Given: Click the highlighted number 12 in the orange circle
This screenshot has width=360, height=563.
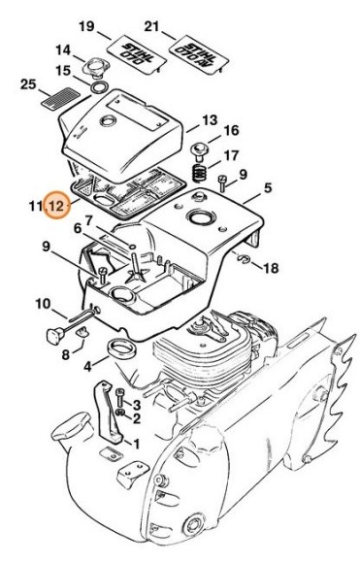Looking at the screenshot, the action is (x=57, y=206).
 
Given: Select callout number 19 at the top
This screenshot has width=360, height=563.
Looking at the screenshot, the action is (x=86, y=26).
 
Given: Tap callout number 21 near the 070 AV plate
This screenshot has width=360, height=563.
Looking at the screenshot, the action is (x=151, y=26).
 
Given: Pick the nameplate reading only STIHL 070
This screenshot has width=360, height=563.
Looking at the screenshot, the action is (x=137, y=54).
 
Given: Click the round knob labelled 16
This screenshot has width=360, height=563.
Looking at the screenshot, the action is (x=199, y=151).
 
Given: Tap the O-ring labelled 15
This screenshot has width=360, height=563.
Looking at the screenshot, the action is (x=100, y=87).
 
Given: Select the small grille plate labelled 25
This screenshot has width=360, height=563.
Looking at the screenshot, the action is (x=60, y=97).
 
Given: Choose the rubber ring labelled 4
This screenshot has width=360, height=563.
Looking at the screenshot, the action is (x=122, y=349).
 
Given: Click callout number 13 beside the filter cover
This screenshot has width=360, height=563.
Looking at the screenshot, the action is (x=210, y=120).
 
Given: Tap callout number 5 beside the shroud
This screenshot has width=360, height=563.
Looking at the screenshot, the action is (x=268, y=187).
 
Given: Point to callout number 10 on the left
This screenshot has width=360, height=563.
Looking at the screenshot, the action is (x=43, y=304).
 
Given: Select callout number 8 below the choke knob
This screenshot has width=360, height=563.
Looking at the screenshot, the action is (x=65, y=354).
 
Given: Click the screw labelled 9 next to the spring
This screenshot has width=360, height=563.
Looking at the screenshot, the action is (x=222, y=183).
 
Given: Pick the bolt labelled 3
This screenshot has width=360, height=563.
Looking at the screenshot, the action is (x=120, y=398).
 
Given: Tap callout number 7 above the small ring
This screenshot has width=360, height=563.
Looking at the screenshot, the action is (x=88, y=219).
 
